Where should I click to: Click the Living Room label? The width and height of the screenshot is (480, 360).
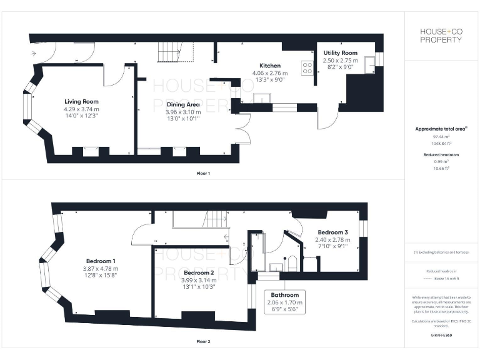tap(81, 101)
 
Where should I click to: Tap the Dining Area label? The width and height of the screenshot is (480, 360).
tap(182, 104)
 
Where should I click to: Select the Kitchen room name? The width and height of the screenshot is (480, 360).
tap(270, 66)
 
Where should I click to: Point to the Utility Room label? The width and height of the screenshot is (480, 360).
tap(340, 53)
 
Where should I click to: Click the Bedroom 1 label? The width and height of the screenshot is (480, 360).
tap(100, 261)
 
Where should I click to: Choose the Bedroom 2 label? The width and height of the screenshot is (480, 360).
tap(199, 273)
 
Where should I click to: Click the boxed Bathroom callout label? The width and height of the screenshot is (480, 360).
tap(284, 295)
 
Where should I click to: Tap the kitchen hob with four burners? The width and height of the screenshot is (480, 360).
tap(307, 67)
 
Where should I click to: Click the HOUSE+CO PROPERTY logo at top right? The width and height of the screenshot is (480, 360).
tap(441, 36)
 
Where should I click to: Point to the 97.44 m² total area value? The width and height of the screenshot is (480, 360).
tap(442, 136)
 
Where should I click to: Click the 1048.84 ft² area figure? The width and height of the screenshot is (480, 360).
tap(442, 142)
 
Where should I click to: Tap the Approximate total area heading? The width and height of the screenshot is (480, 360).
tap(441, 129)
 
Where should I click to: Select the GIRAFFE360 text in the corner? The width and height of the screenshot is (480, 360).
tap(441, 336)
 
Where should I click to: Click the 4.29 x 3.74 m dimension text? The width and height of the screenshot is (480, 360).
tap(81, 110)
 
